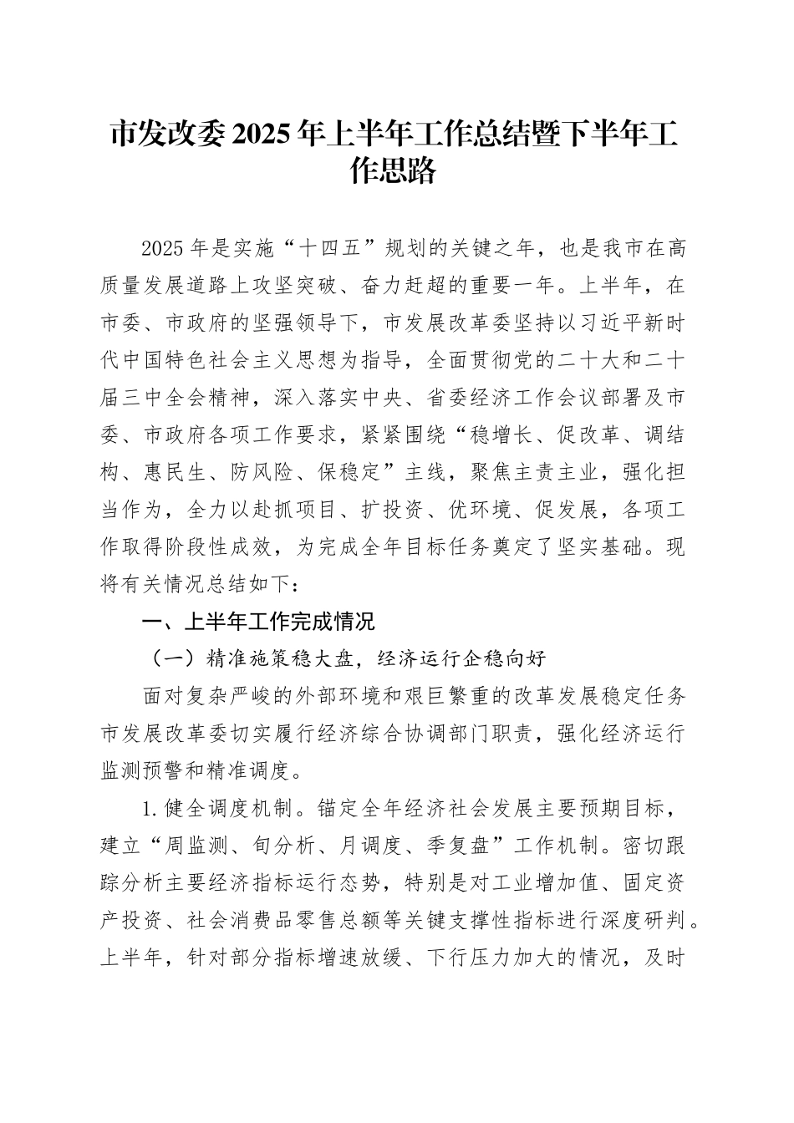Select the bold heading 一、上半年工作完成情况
[258, 622]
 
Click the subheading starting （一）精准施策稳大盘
[344, 658]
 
